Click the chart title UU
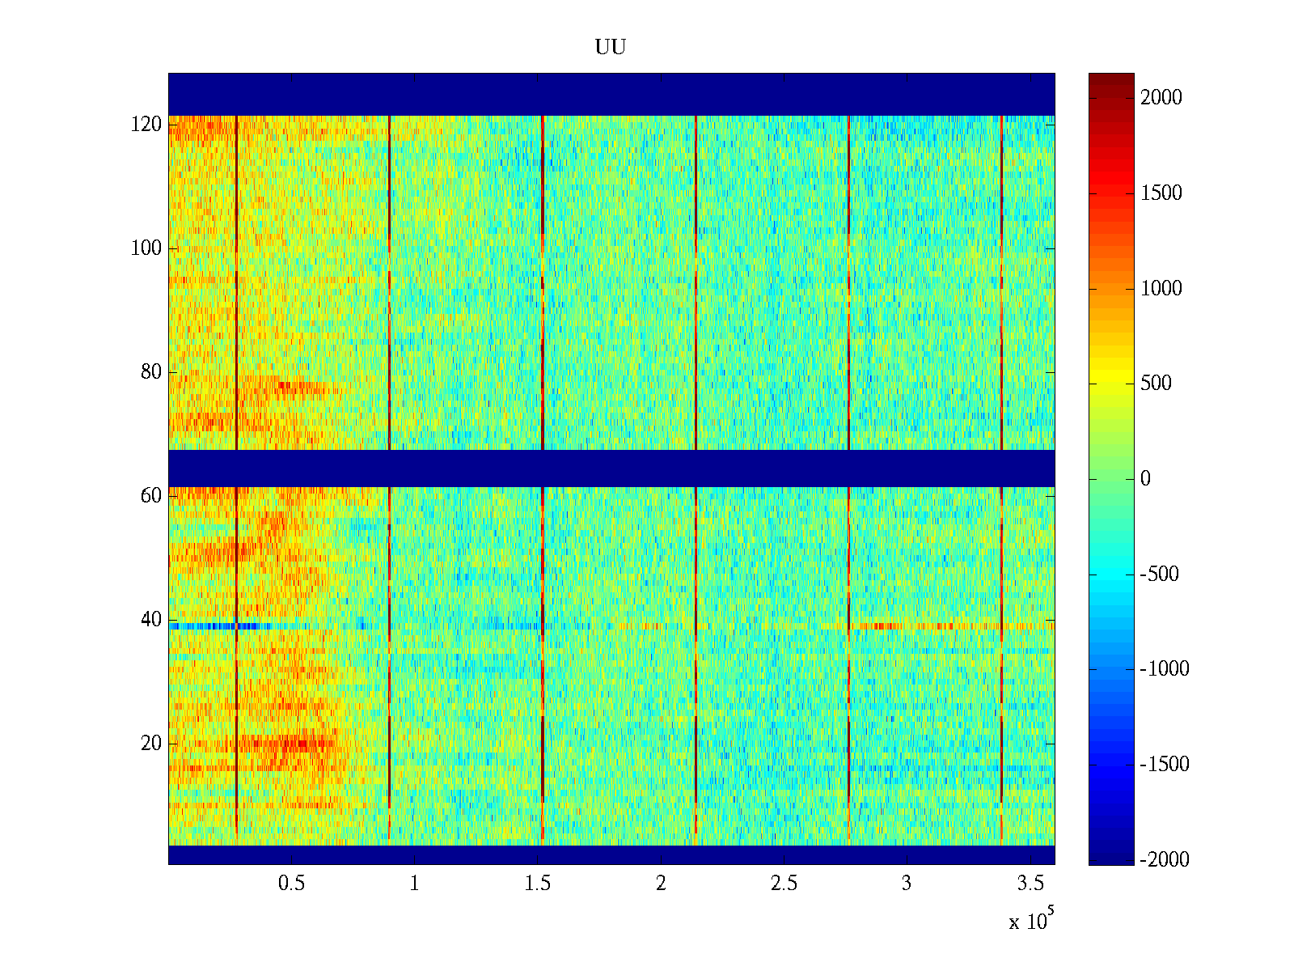(x=611, y=48)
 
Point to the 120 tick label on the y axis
(x=146, y=125)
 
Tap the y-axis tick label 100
(x=146, y=248)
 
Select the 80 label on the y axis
(x=151, y=372)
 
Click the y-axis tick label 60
(x=151, y=496)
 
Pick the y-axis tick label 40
(x=151, y=620)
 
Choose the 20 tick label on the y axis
(x=151, y=744)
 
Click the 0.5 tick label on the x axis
(x=292, y=884)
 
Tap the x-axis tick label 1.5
(x=538, y=884)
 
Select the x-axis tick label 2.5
(x=784, y=884)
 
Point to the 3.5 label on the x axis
(x=1030, y=884)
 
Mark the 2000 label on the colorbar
(x=1161, y=98)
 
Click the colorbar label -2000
(x=1165, y=860)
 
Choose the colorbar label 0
(x=1145, y=479)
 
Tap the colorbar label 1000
(x=1161, y=289)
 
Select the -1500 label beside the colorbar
(x=1165, y=765)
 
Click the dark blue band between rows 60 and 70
(x=611, y=468)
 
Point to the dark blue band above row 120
(x=611, y=94)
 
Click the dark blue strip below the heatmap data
(x=611, y=854)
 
